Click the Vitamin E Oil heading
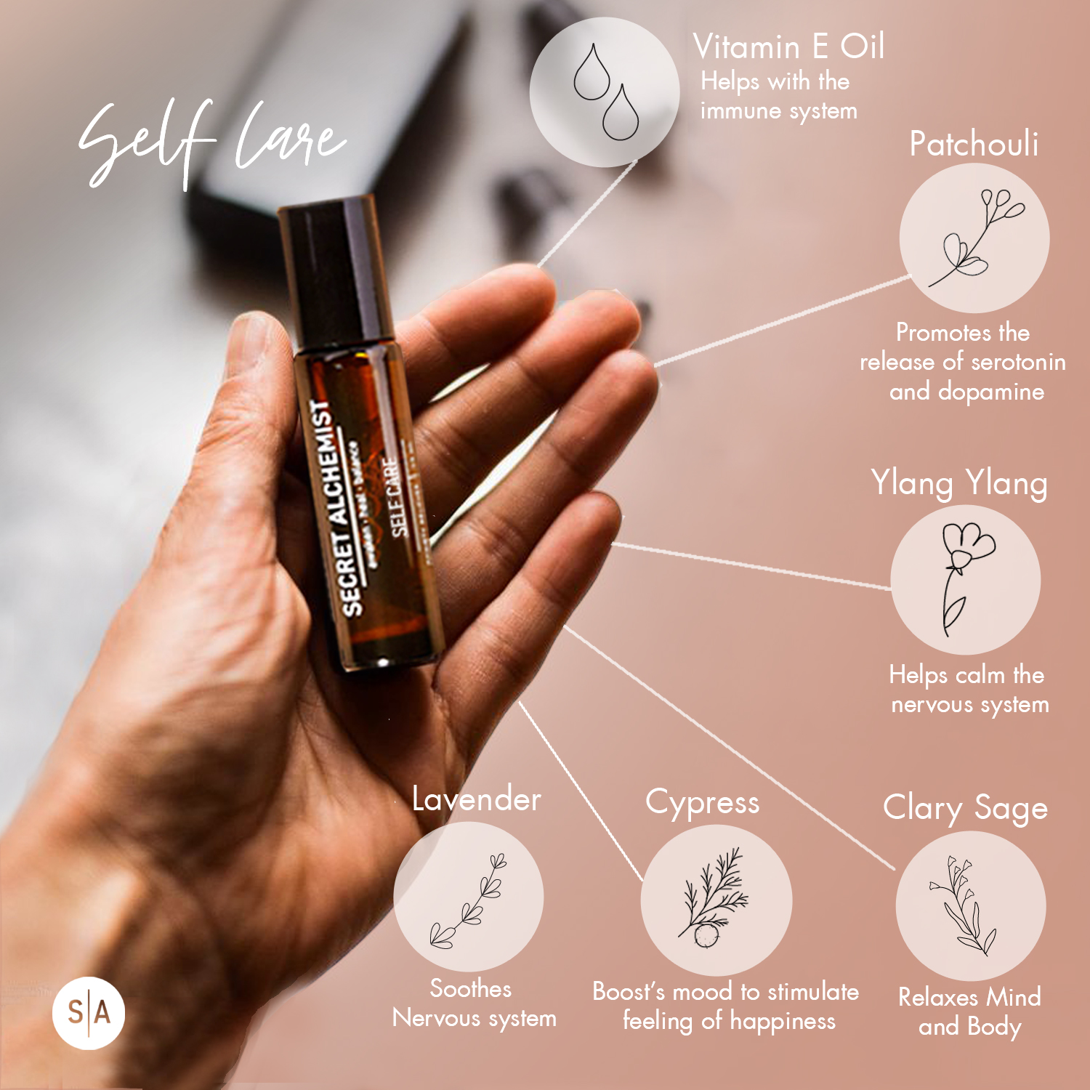coord(788,47)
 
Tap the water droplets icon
coord(605,92)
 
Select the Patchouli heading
coord(974,144)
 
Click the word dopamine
coord(990,392)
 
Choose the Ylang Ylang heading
coord(959,484)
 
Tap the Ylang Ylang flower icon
coord(965,580)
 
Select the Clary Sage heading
coord(965,808)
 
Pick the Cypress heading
coord(702,803)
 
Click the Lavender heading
coord(476,799)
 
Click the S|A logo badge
coord(89,1013)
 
